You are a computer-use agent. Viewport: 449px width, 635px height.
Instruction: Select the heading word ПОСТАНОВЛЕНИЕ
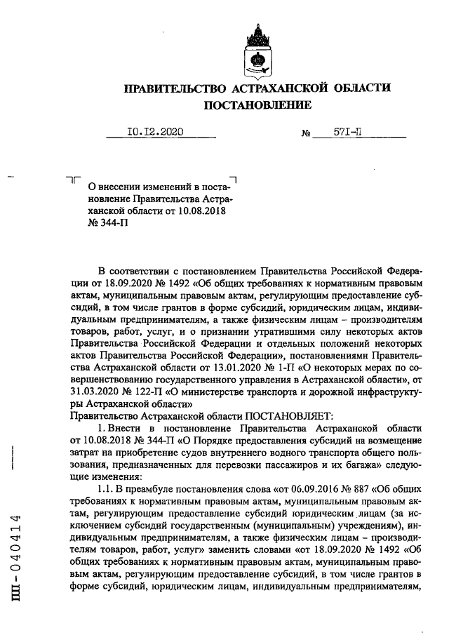(x=257, y=105)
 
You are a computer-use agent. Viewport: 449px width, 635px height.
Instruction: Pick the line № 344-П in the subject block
(x=107, y=223)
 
